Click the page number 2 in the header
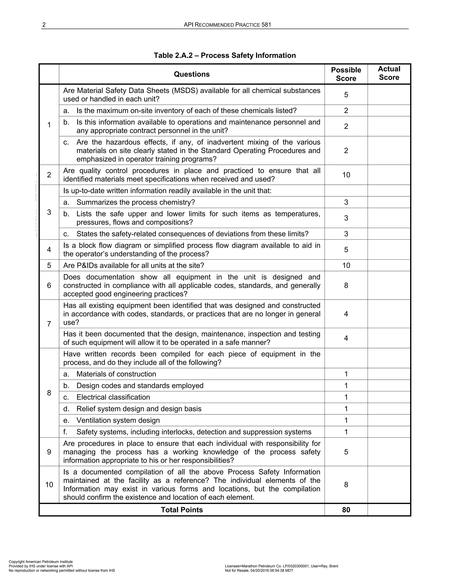(44, 25)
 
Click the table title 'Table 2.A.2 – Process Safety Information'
(225, 55)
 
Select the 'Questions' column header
(192, 74)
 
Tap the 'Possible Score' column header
(346, 74)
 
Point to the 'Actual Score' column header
(389, 73)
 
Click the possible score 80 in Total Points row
(346, 510)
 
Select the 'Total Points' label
(182, 510)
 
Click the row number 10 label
(49, 484)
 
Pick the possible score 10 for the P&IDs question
(346, 265)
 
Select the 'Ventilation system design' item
(118, 420)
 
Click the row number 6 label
(49, 286)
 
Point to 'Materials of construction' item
(116, 374)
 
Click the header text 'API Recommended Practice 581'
(227, 25)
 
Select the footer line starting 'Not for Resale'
(259, 571)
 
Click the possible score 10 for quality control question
(346, 175)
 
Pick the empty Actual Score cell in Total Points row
(389, 510)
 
